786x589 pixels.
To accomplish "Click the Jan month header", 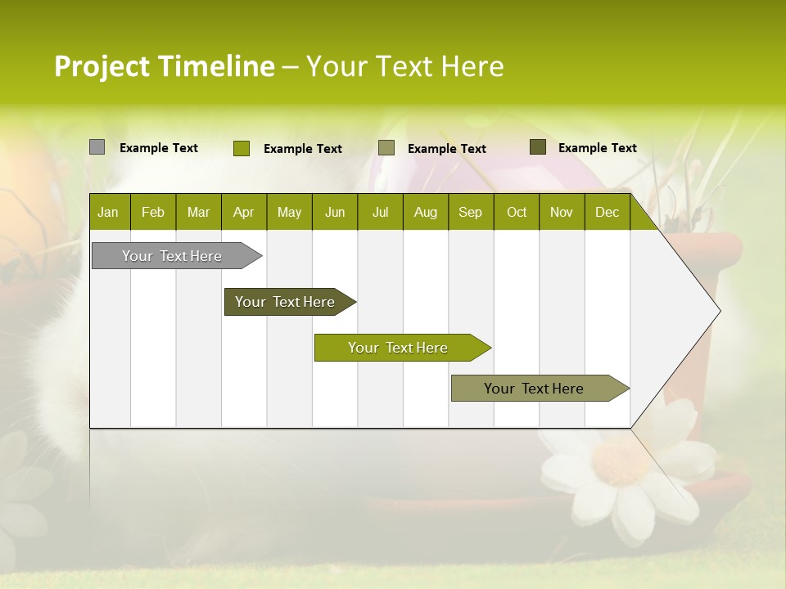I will [108, 212].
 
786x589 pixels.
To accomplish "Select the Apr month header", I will [243, 212].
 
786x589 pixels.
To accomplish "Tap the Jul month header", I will [380, 212].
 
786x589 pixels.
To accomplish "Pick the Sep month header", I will [470, 212].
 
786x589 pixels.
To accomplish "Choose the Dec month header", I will [607, 212].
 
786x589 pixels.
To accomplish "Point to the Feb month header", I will [153, 212].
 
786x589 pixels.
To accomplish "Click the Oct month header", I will [517, 212].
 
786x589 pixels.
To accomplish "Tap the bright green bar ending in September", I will [399, 348].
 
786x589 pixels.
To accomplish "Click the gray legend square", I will [97, 147].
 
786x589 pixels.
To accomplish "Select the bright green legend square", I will [241, 148].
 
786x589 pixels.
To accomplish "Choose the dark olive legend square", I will [537, 147].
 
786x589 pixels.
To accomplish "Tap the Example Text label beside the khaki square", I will [446, 148].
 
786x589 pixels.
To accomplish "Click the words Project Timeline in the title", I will [164, 66].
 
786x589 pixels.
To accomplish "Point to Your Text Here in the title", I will [404, 66].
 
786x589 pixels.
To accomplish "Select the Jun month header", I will [335, 212].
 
